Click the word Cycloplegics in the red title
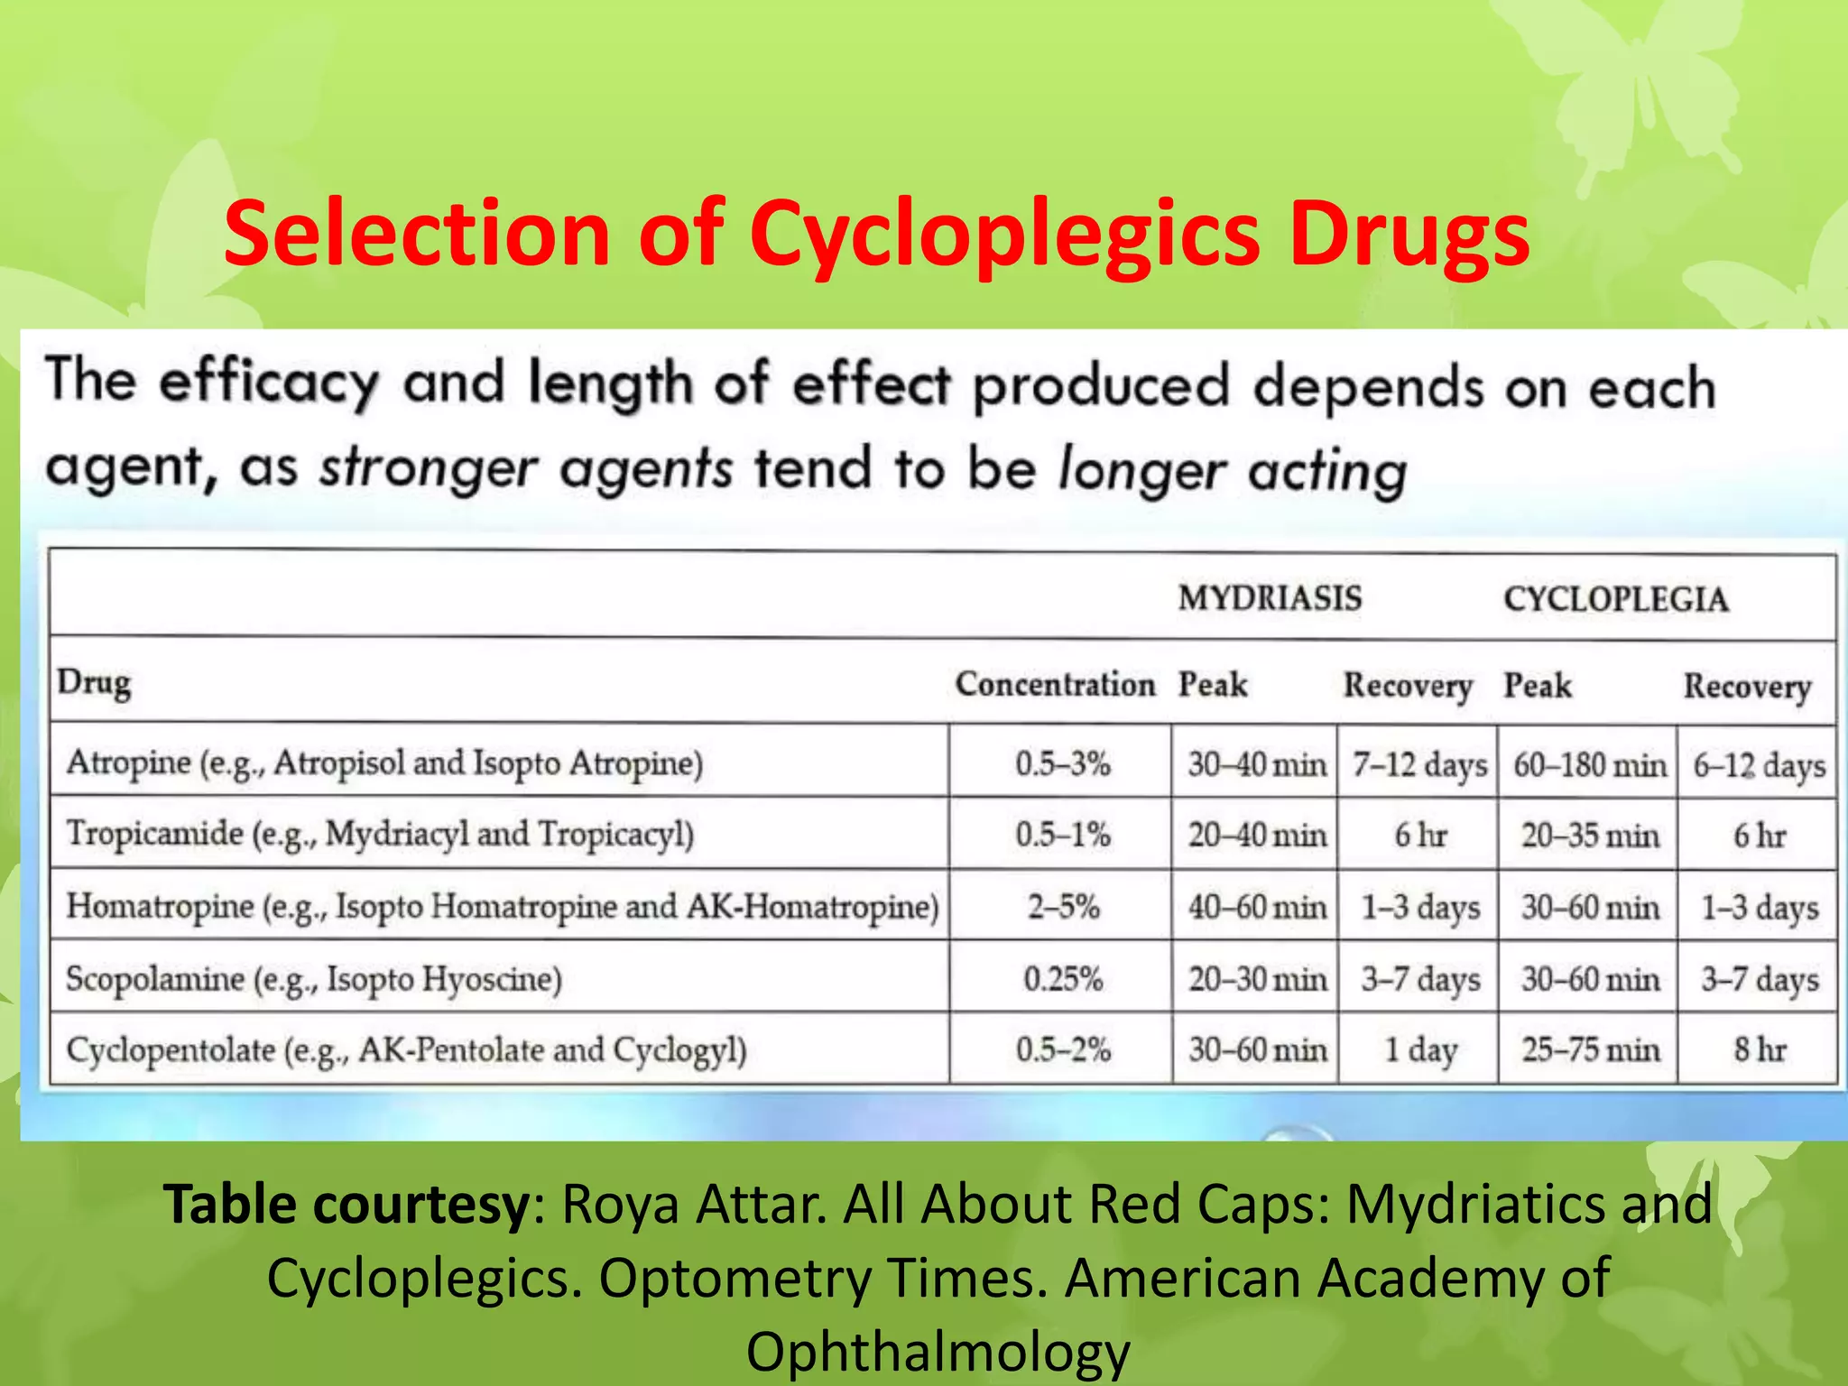point(1003,235)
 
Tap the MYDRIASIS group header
point(1270,598)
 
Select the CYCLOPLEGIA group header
point(1615,599)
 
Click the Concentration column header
point(1055,684)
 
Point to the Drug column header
point(94,682)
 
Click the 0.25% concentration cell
point(1063,979)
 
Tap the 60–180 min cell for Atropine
point(1589,765)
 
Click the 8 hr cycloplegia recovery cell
point(1759,1049)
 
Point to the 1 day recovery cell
point(1420,1049)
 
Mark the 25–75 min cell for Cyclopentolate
point(1590,1049)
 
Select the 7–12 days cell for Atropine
point(1419,765)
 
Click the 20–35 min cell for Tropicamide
point(1590,836)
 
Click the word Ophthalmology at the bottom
point(938,1352)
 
